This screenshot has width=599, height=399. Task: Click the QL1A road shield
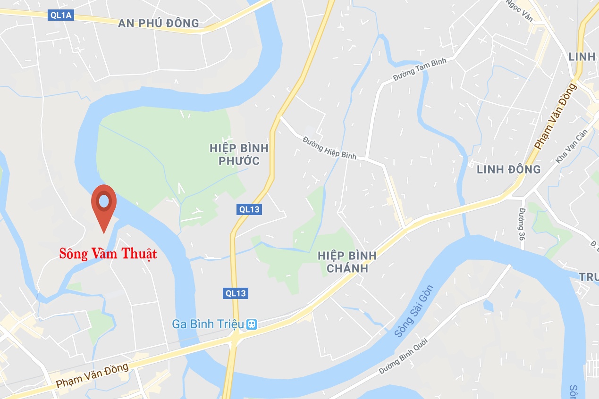pos(61,16)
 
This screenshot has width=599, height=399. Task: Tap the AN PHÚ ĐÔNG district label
pos(159,23)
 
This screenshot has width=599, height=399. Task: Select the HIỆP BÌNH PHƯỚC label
pos(239,155)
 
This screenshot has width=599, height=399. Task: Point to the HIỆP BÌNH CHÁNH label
pos(347,262)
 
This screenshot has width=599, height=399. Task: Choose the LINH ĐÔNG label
pos(508,169)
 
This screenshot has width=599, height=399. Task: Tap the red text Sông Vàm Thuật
pos(108,254)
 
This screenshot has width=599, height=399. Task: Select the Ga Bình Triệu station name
pos(208,324)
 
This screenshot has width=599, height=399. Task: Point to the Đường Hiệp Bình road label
pos(329,147)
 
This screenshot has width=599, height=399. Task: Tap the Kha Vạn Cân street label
pos(571,147)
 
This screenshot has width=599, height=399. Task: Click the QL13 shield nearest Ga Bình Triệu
pos(236,293)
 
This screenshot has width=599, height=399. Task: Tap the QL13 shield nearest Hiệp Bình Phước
pos(249,209)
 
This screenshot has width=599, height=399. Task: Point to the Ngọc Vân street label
pos(519,10)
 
